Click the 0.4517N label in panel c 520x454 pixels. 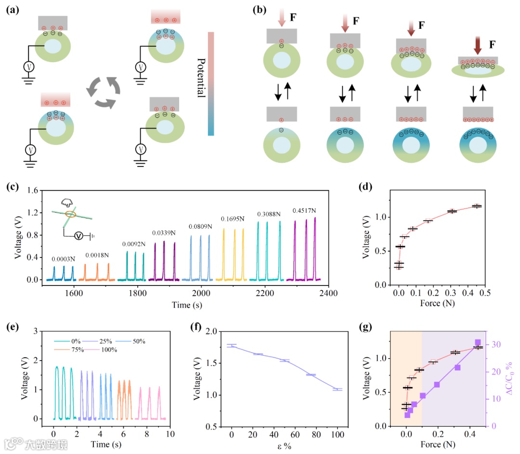click(x=304, y=211)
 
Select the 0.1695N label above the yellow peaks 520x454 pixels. click(x=233, y=219)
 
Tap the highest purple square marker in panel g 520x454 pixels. click(x=478, y=342)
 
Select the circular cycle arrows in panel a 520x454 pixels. click(x=103, y=91)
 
